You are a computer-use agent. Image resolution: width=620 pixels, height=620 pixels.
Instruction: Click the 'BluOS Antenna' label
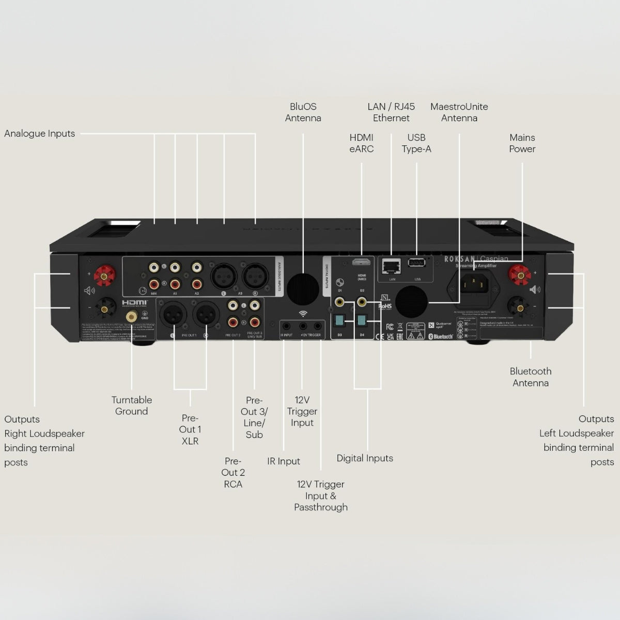[x=303, y=113]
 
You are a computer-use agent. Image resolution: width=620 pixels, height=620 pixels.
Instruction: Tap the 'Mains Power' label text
[x=522, y=143]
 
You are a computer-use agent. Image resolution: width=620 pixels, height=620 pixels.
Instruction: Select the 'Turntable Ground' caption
[x=131, y=406]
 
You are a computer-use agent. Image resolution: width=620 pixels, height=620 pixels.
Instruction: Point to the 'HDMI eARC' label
[x=361, y=143]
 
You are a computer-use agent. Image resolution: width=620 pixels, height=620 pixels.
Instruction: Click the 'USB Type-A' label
[x=416, y=143]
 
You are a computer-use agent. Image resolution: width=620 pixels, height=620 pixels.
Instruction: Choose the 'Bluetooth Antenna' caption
[x=531, y=377]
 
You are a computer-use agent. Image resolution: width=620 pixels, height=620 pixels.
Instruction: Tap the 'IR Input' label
[x=283, y=461]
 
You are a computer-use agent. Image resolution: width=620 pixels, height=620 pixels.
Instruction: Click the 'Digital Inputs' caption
[x=365, y=458]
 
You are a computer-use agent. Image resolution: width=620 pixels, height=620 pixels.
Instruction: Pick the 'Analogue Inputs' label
[x=40, y=134]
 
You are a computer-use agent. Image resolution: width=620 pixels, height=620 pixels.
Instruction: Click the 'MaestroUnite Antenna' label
[x=459, y=113]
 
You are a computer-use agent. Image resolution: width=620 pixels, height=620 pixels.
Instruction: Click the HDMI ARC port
[x=361, y=262]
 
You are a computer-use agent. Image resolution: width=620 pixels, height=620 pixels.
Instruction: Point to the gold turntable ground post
[x=132, y=316]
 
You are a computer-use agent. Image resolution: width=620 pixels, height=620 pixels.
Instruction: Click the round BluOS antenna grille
[x=303, y=289]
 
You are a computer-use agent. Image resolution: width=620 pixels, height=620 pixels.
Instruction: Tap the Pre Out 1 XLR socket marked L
[x=173, y=315]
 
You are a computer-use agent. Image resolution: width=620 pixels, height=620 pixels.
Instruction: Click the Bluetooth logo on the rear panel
[x=441, y=337]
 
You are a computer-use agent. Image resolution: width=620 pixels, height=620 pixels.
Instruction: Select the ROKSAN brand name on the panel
[x=459, y=259]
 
